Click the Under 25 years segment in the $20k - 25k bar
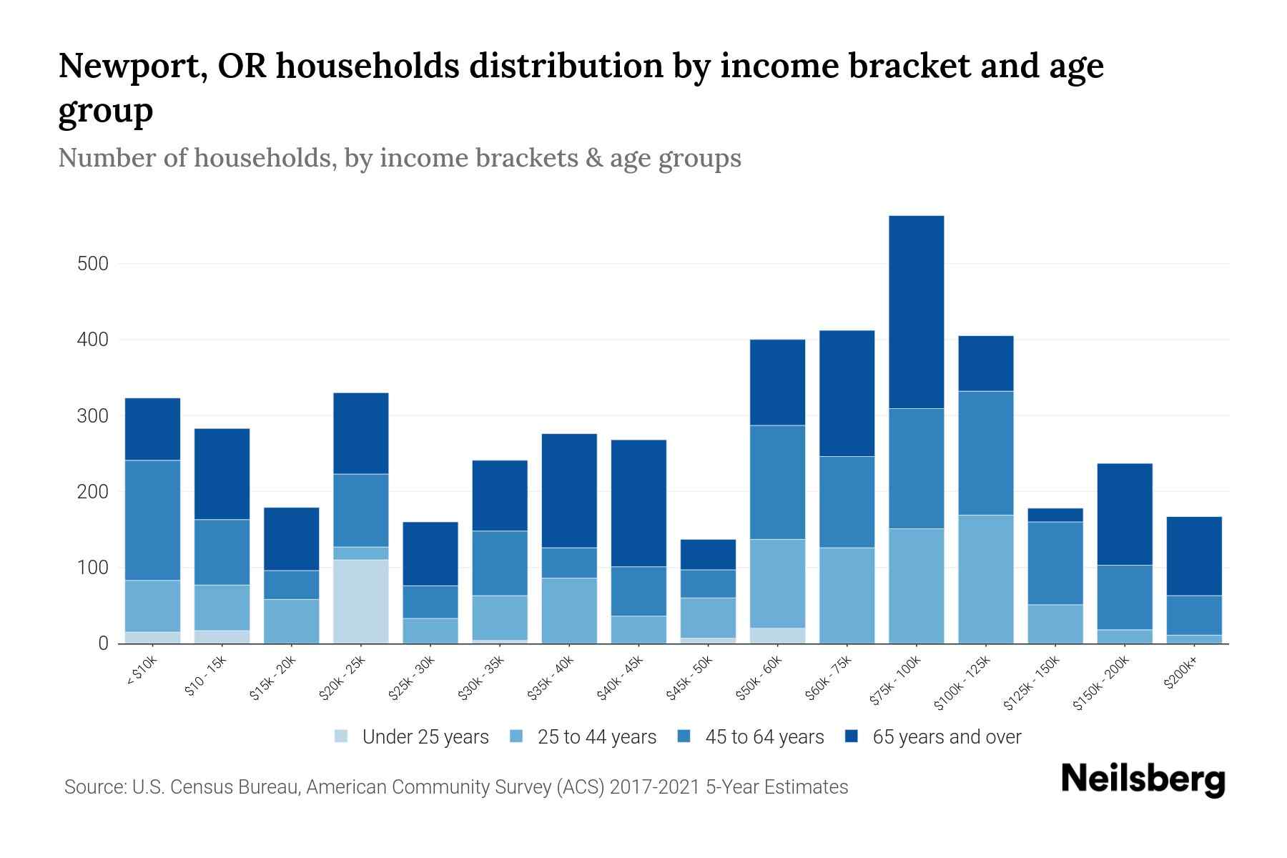tap(361, 601)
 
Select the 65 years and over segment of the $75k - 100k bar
tap(916, 312)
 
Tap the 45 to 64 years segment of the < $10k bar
tap(152, 520)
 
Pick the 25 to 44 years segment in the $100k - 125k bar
tap(985, 579)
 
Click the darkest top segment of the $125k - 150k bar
tap(1055, 515)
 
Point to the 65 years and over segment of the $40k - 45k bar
tap(638, 503)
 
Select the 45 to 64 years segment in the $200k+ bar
tap(1193, 615)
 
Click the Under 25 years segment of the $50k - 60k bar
tap(777, 636)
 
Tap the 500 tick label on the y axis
tap(92, 264)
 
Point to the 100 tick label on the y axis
tap(92, 568)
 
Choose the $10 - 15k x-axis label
tap(205, 677)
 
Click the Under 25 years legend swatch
tap(342, 736)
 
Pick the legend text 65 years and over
tap(947, 737)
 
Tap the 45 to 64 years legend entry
tap(764, 737)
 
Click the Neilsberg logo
tap(1143, 779)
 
